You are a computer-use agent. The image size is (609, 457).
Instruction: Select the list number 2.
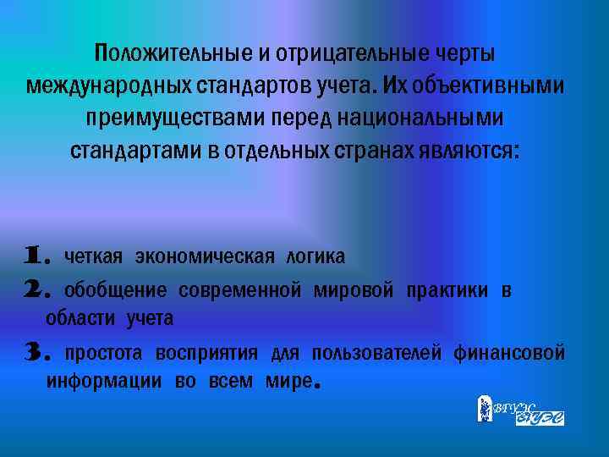[x=39, y=291]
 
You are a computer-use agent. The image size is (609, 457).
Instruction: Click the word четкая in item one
[x=94, y=256]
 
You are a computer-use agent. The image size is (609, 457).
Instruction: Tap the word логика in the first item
[x=315, y=256]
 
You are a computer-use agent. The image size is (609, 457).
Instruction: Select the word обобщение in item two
[x=116, y=292]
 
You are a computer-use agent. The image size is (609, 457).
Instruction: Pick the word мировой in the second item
[x=354, y=292]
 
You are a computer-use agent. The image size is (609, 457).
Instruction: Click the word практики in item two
[x=447, y=292]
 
